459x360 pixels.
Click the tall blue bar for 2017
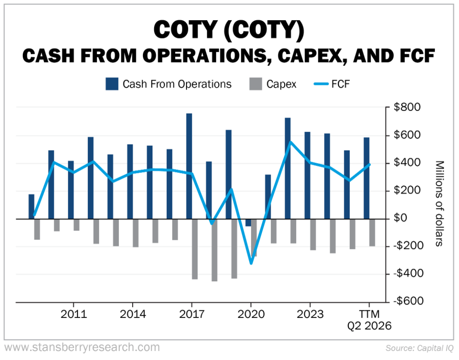[189, 166]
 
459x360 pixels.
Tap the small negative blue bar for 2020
[248, 223]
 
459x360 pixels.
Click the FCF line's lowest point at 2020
[251, 263]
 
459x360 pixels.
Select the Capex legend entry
[273, 84]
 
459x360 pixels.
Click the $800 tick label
[407, 108]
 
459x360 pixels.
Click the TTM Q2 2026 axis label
[369, 320]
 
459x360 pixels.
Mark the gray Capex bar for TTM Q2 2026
[372, 232]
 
